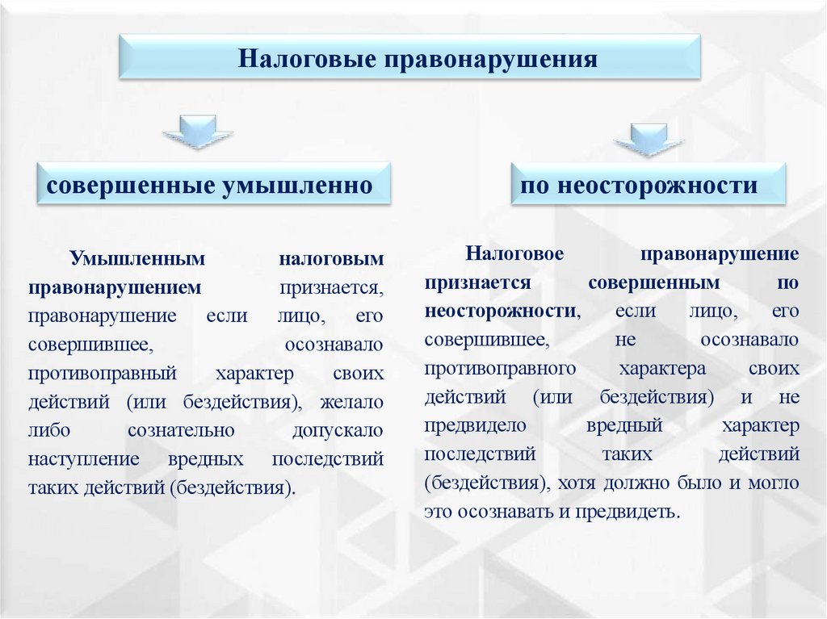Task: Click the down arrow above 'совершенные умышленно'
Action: coord(197,132)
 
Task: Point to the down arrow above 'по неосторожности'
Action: coord(648,139)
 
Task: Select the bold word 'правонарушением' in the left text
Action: coord(114,286)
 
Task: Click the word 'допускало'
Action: coord(338,430)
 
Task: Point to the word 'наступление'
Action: coord(83,458)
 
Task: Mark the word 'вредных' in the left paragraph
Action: coord(206,458)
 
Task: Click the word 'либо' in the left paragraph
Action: coord(45,430)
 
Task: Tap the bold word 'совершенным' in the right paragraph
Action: coord(653,282)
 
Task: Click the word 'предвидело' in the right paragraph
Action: coord(476,425)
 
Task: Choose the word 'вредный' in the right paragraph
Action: coord(624,425)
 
